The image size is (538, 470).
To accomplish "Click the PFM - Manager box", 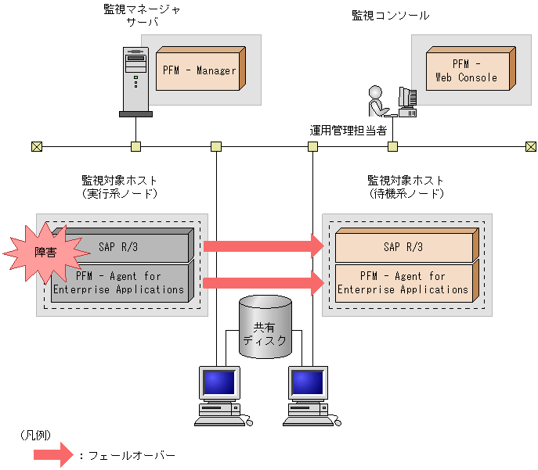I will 199,70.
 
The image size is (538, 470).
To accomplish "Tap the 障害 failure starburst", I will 45,251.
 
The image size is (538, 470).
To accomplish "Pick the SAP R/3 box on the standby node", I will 403,247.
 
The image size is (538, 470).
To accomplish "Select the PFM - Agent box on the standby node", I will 403,283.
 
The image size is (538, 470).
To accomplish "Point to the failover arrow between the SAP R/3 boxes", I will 263,246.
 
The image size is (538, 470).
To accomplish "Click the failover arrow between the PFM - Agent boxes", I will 263,283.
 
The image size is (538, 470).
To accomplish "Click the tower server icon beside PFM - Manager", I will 135,81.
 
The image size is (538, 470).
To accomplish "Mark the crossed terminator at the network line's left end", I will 37,146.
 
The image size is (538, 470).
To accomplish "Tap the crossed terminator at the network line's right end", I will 531,146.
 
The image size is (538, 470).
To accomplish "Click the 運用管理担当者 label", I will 348,130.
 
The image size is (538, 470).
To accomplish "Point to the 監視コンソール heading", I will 390,15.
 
